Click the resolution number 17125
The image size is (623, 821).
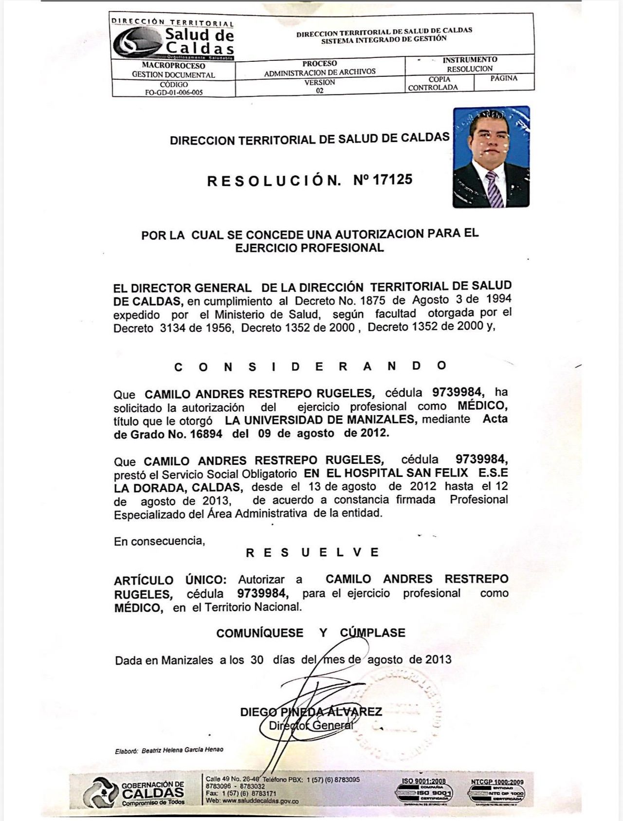(392, 180)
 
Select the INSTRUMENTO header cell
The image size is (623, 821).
(470, 60)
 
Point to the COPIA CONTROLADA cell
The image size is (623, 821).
(433, 84)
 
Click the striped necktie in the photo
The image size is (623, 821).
(495, 189)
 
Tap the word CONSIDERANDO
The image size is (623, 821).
(310, 366)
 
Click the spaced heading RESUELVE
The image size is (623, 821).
(312, 552)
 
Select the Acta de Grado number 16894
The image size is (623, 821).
(206, 434)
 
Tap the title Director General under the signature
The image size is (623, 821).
(311, 726)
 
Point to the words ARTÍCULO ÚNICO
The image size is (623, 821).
(170, 580)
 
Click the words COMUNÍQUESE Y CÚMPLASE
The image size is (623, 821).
(311, 633)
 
